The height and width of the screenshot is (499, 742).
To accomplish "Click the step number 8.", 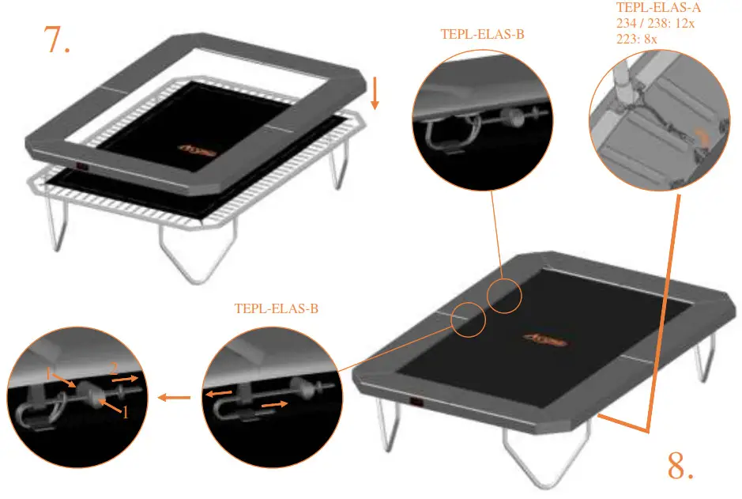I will pyautogui.click(x=681, y=467).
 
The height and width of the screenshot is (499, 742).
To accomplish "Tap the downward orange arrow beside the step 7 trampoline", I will pyautogui.click(x=375, y=94).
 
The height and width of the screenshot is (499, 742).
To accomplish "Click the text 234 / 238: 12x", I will pyautogui.click(x=656, y=23).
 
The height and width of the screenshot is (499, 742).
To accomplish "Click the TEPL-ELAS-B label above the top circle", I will pyautogui.click(x=483, y=35).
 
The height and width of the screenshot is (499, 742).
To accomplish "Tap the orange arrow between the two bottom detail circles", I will pyautogui.click(x=175, y=397).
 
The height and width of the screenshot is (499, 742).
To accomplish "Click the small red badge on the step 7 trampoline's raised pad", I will pyautogui.click(x=81, y=166).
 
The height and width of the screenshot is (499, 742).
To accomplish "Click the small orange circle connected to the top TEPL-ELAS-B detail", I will pyautogui.click(x=504, y=296).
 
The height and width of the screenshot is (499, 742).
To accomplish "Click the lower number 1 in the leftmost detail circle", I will pyautogui.click(x=124, y=412).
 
